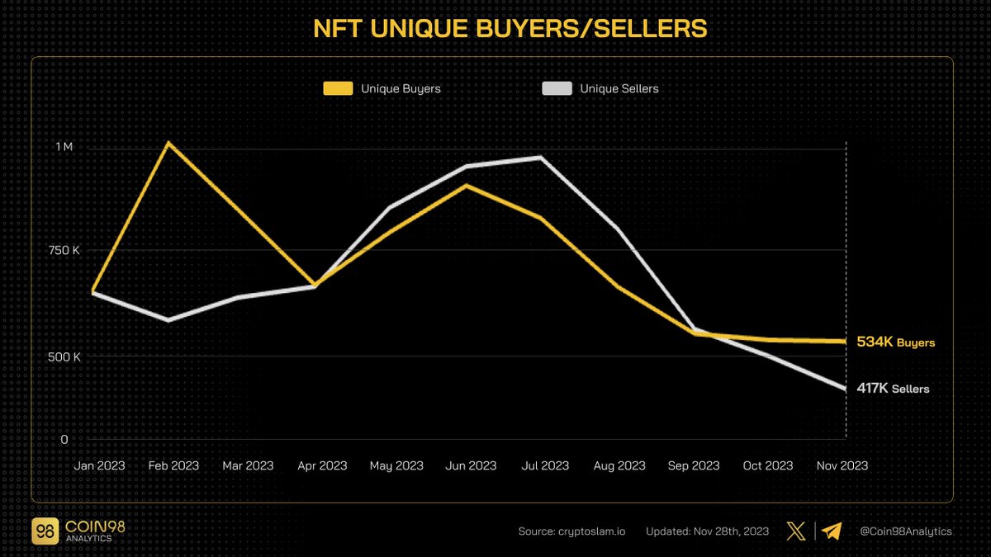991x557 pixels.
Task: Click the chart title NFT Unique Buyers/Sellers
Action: coord(510,29)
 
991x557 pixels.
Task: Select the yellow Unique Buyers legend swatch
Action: coord(337,88)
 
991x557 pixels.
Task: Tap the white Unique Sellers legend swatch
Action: coord(557,88)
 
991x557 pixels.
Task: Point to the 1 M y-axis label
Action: coord(64,146)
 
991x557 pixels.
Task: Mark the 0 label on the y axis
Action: coord(64,440)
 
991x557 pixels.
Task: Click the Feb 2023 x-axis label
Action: coord(173,465)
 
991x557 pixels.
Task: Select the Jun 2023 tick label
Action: coord(471,465)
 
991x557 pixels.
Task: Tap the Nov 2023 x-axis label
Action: coord(842,465)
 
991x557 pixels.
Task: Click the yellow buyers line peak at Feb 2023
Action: coord(168,143)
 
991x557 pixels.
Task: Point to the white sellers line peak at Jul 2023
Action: coord(540,158)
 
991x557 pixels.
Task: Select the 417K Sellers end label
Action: coord(893,389)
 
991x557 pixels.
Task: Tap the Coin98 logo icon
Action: coord(45,531)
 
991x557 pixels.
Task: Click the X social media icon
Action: coord(796,531)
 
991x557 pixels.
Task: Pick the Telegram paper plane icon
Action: coord(832,531)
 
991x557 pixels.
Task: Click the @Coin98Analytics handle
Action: coord(906,531)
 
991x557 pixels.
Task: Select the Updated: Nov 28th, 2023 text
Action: coord(708,531)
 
